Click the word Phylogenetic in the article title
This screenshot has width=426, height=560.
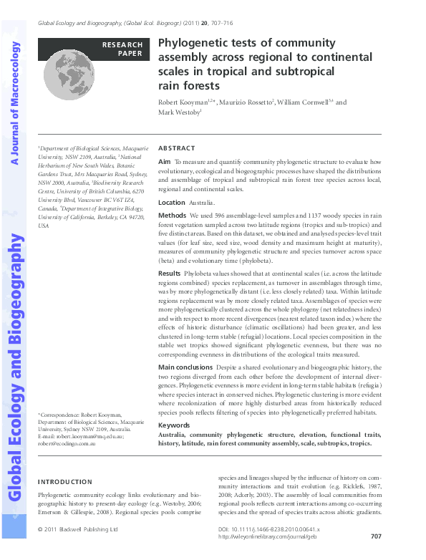[189, 43]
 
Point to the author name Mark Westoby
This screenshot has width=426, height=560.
[179, 112]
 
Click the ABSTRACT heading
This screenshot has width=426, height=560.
[175, 147]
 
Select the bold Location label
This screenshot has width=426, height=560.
[171, 203]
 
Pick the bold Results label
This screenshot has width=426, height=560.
[170, 273]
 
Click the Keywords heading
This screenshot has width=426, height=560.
[174, 425]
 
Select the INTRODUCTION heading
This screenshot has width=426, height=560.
[64, 482]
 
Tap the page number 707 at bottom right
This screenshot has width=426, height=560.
[376, 536]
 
